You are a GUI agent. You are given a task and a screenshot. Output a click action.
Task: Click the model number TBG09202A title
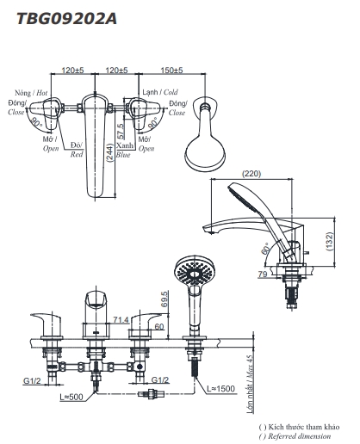67,19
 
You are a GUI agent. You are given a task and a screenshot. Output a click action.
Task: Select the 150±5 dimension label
171,70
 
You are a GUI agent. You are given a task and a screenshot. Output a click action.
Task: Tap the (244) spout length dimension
110,153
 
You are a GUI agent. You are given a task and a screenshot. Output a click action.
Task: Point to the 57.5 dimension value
121,131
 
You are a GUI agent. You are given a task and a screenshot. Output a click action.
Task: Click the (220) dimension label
251,174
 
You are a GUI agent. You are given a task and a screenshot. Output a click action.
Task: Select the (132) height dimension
329,241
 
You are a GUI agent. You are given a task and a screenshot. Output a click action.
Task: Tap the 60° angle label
265,249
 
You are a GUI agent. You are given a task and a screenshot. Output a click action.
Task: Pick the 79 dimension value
263,274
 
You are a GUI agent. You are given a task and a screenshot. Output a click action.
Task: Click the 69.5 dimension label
164,299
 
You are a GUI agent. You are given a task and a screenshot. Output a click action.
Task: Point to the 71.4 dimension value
121,319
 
